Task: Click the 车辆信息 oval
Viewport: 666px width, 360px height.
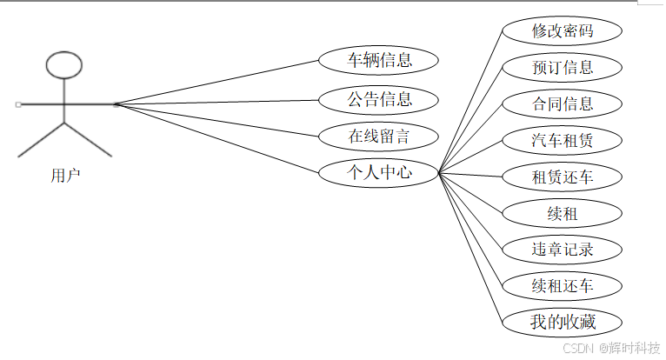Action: tap(378, 61)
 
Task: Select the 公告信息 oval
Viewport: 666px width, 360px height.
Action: tap(378, 99)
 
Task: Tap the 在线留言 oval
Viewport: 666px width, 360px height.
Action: tap(378, 136)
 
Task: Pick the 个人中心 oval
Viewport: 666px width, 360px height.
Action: tap(378, 173)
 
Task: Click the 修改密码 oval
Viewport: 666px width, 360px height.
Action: tap(563, 30)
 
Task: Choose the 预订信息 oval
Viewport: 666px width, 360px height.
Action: tap(563, 67)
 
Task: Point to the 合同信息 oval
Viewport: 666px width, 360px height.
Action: tap(563, 104)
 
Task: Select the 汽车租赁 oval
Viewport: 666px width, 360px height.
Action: tap(563, 140)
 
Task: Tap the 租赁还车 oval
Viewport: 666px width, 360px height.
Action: tap(563, 177)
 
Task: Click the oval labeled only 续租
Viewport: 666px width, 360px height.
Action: tap(563, 213)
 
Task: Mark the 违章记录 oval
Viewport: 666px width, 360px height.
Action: tap(563, 250)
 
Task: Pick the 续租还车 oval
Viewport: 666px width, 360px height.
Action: tap(563, 285)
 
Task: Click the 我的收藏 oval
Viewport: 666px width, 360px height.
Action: tap(563, 322)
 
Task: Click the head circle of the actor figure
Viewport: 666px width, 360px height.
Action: tap(64, 64)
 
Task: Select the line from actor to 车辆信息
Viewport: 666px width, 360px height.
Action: tap(217, 83)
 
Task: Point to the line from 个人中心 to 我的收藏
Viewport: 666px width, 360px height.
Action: tap(471, 247)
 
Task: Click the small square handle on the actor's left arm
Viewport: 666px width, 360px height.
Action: tap(18, 104)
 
